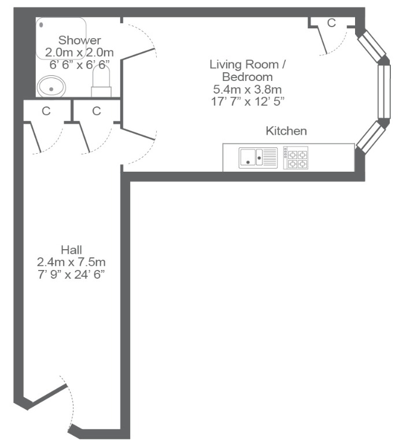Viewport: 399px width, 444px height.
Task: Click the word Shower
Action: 80,40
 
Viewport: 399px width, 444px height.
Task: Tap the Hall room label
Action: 71,250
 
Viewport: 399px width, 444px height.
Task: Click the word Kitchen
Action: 286,131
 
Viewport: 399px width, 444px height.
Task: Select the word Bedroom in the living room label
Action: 247,77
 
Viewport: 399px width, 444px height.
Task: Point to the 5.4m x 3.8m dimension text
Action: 247,90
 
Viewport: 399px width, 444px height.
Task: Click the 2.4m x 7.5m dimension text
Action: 71,262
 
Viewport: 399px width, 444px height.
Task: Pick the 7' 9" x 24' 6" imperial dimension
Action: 71,275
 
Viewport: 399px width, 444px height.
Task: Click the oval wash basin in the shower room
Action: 51,86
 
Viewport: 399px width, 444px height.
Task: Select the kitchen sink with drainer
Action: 258,158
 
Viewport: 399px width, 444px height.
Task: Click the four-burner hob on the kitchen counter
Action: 295,158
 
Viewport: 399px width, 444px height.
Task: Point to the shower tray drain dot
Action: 41,25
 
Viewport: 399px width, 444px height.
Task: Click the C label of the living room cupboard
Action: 331,23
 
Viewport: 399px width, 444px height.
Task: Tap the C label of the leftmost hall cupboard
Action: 46,111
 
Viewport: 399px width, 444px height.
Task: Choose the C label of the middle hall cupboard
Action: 97,111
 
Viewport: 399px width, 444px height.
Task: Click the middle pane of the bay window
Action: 385,91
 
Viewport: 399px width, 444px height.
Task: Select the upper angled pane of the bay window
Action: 371,46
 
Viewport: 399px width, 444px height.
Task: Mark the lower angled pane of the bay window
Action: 371,136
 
